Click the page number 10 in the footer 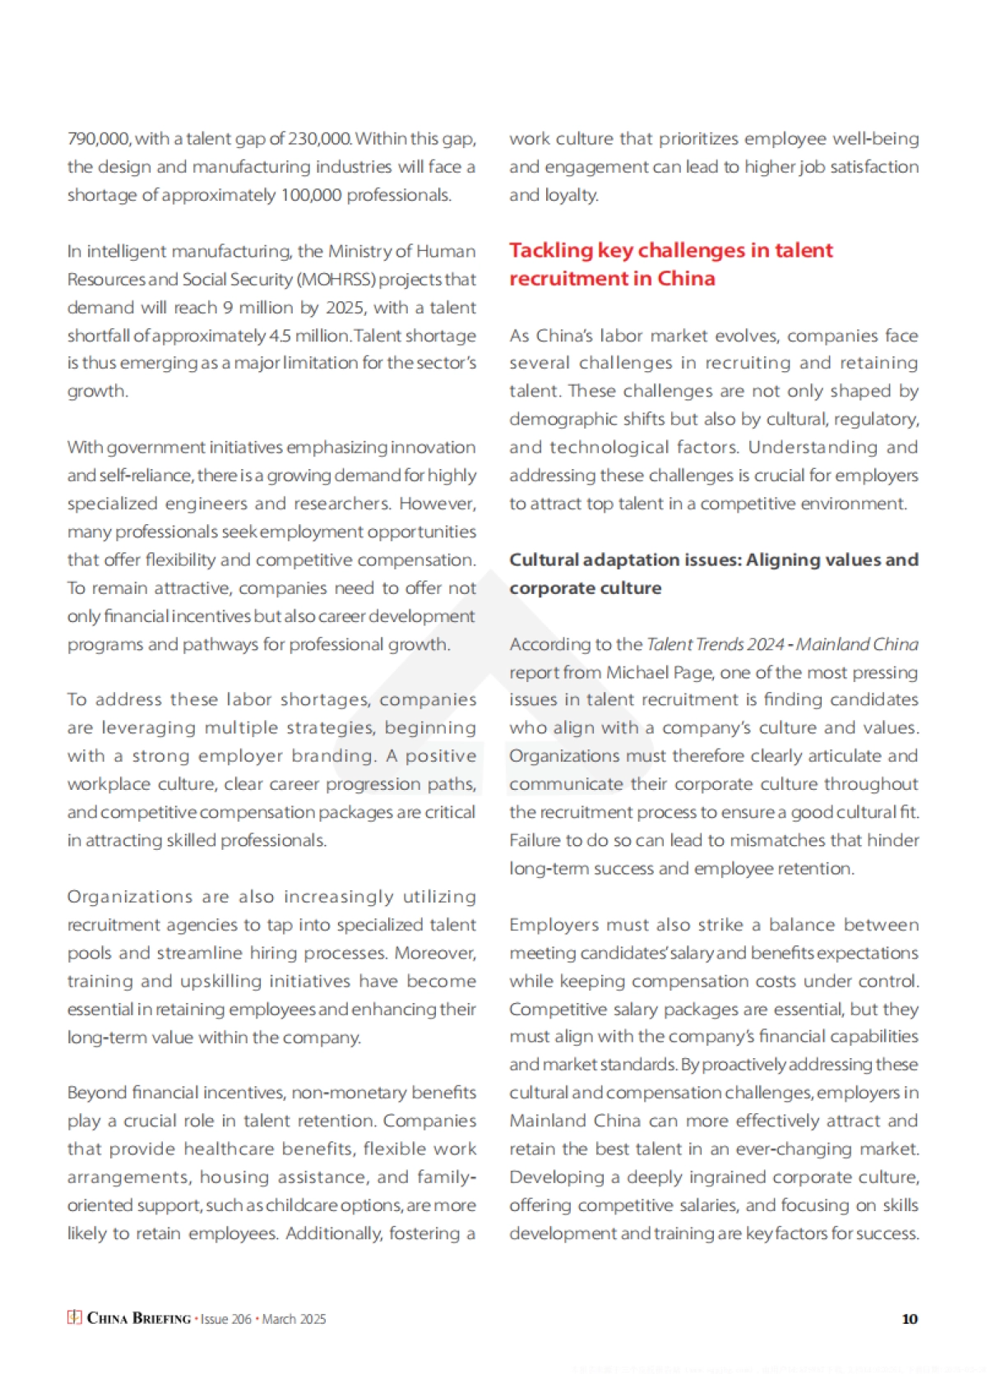click(x=909, y=1319)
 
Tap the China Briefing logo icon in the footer click(x=74, y=1317)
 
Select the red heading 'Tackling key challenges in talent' click(x=670, y=250)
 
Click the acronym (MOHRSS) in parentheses click(x=336, y=280)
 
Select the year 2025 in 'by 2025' click(x=345, y=308)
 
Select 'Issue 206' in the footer click(x=226, y=1319)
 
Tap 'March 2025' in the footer click(x=294, y=1319)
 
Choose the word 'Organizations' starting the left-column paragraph click(x=122, y=897)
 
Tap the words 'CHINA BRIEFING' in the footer click(x=139, y=1319)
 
